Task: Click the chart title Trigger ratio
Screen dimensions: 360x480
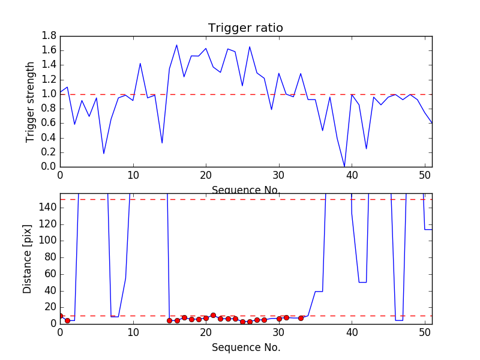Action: click(x=245, y=28)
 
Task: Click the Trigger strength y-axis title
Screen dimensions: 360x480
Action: click(x=31, y=101)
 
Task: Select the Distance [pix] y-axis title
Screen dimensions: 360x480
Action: click(x=28, y=259)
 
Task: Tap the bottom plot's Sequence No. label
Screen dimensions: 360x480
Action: click(x=246, y=347)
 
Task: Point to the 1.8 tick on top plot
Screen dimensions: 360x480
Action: click(x=49, y=36)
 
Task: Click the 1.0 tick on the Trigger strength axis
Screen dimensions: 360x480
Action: click(x=49, y=94)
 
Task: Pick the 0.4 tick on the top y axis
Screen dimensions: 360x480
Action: click(x=49, y=137)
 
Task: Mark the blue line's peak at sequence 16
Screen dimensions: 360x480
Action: click(x=176, y=45)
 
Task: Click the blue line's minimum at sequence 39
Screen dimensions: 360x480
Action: click(x=344, y=166)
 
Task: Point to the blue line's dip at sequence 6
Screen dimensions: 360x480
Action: click(x=104, y=154)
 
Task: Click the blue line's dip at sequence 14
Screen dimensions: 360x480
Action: click(x=162, y=143)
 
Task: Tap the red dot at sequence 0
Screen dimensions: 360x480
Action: click(x=60, y=316)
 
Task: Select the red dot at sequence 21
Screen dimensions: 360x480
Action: click(x=213, y=315)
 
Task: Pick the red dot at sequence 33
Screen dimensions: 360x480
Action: click(x=301, y=318)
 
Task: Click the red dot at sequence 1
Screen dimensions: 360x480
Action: click(x=67, y=320)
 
